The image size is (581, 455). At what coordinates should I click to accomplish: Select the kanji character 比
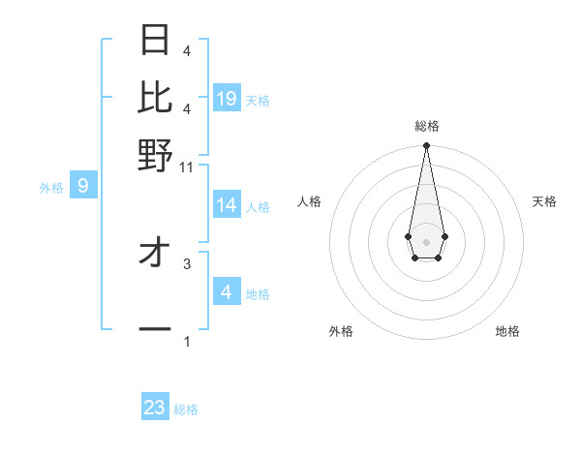coord(155,97)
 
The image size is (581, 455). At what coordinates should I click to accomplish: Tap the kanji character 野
coord(155,155)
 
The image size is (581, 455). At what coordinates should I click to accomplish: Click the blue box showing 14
coord(227,205)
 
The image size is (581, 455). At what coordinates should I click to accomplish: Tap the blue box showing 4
coord(227,291)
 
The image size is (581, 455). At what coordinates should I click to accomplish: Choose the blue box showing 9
coord(82,185)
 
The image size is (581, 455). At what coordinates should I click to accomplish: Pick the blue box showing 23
coord(155,408)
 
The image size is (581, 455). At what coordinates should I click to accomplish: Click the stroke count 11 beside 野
coord(187,167)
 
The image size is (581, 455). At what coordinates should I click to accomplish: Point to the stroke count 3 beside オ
coord(187,262)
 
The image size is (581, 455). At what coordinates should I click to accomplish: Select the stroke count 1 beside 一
coord(187,341)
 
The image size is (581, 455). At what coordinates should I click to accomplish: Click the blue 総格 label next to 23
coord(187,409)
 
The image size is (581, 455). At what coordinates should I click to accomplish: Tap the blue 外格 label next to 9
coord(51,188)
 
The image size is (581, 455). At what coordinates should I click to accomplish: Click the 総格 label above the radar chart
coord(426,126)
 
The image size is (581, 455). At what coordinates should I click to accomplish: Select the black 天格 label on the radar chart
coord(545,201)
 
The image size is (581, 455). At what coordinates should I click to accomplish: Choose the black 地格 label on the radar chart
coord(507,331)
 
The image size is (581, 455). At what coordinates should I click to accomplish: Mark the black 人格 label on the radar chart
coord(309,201)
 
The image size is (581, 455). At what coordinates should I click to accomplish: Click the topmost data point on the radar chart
coord(426,146)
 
